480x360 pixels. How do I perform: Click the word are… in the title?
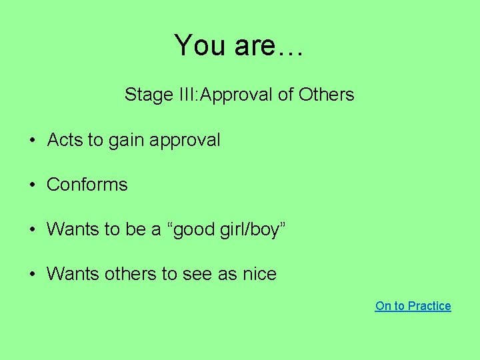tap(269, 46)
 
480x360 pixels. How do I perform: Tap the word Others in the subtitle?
tap(326, 95)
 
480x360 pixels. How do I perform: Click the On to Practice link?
tap(413, 306)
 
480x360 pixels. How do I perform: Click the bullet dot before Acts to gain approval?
tap(32, 141)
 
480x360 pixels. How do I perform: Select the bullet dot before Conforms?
tap(32, 185)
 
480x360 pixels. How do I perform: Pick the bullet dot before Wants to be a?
tap(32, 230)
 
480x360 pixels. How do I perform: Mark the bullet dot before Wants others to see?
tap(32, 275)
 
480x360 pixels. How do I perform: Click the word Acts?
tap(65, 140)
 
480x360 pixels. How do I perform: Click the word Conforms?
tap(87, 185)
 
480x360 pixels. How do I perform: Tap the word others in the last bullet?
tap(131, 274)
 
